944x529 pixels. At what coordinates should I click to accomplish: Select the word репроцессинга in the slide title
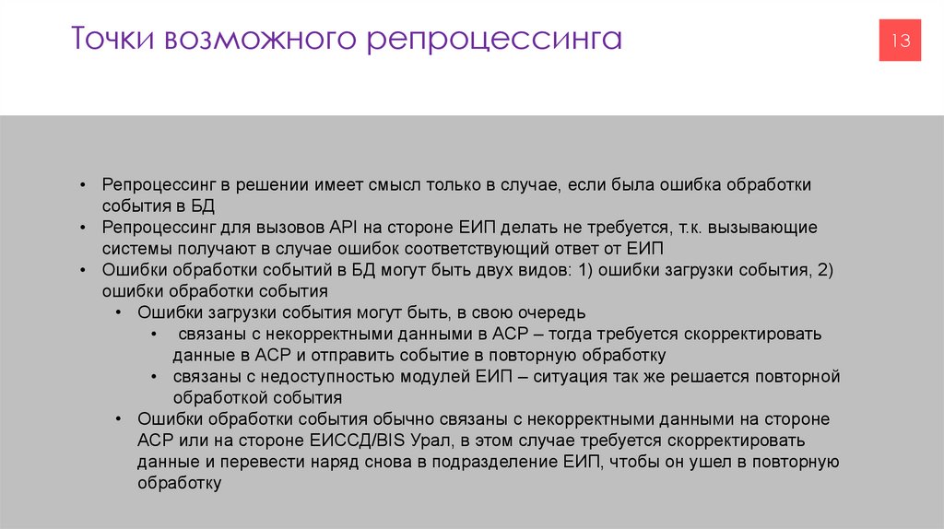coord(495,41)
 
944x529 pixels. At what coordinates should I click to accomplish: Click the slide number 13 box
coord(900,41)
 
